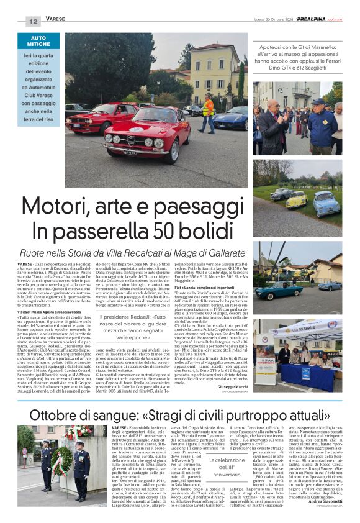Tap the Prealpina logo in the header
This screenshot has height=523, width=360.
[308, 20]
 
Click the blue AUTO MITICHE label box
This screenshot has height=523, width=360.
[38, 42]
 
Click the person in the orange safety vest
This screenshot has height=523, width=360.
[208, 112]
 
